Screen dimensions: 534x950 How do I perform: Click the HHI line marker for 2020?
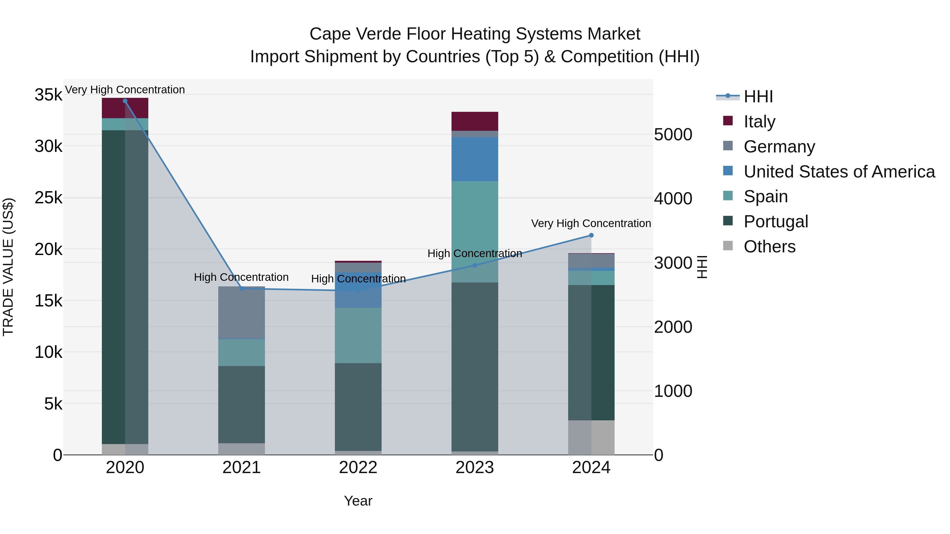(125, 101)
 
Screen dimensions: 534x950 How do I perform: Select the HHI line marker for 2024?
(591, 235)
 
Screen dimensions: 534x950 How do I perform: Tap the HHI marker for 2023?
(475, 265)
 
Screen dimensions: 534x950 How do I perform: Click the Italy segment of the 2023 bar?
(475, 121)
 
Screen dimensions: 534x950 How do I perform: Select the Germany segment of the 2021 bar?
(241, 312)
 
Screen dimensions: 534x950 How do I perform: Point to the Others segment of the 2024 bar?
(591, 437)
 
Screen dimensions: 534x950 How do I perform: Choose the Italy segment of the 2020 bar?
(125, 108)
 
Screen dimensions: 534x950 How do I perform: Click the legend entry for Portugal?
(776, 222)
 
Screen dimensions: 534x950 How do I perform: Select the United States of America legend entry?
(839, 172)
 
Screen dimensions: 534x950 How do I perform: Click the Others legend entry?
(769, 247)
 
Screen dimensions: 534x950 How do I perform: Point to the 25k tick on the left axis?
(48, 198)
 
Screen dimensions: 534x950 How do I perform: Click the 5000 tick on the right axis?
(673, 134)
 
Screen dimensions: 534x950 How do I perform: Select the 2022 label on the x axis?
(358, 468)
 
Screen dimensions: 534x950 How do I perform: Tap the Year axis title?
(358, 501)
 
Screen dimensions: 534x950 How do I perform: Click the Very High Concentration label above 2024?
(591, 223)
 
